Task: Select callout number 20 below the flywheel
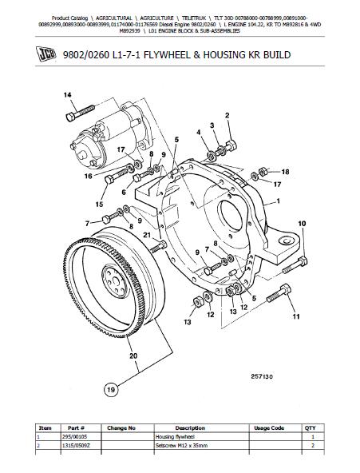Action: tap(133, 356)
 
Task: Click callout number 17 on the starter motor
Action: tap(121, 148)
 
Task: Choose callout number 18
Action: tap(285, 172)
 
